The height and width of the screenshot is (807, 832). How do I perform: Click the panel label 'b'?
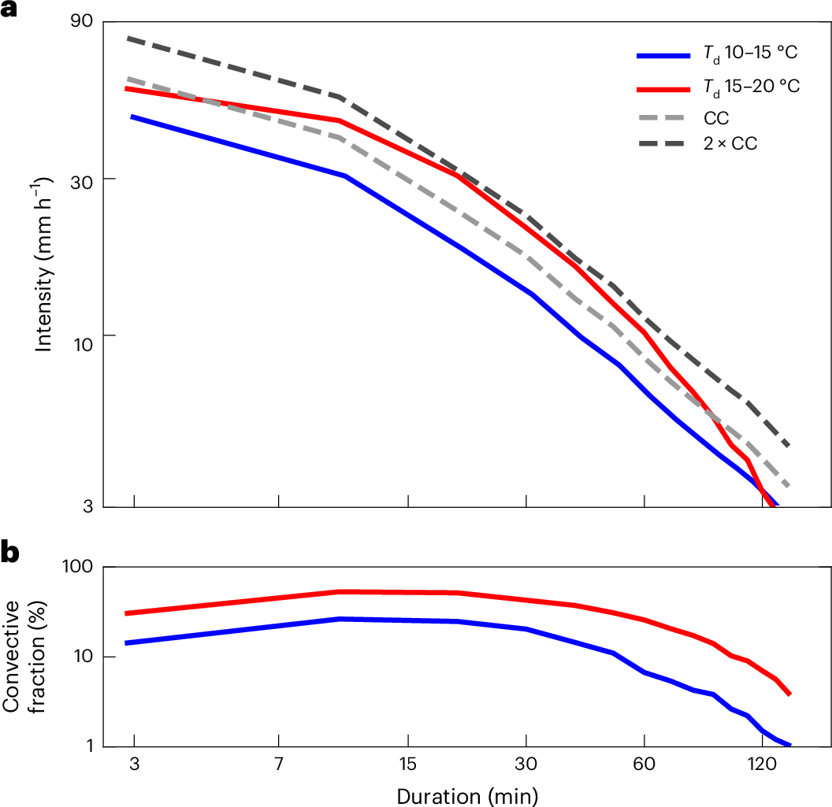click(10, 553)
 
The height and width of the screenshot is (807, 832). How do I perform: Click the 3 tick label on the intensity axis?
click(88, 507)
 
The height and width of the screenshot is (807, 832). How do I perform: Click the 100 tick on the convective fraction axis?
click(79, 567)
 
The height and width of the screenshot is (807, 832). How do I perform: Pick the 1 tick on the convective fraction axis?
click(88, 746)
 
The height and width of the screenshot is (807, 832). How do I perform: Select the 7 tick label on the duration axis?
click(279, 765)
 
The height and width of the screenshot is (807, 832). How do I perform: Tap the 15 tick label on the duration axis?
click(407, 765)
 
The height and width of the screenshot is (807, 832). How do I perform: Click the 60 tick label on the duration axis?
click(644, 765)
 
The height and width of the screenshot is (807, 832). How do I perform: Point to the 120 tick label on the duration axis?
click(762, 765)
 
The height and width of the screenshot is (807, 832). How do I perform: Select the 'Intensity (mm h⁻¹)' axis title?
click(44, 263)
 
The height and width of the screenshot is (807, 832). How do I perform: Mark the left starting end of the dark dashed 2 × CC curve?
click(128, 38)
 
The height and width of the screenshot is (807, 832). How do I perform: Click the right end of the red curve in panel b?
click(789, 694)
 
